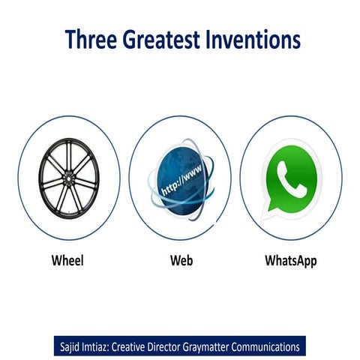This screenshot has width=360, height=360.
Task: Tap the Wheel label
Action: pos(67,262)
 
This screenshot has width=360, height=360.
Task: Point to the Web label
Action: pos(181,262)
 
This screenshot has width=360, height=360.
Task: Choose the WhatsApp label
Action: pos(291,262)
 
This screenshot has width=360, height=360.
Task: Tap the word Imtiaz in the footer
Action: pos(106,347)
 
